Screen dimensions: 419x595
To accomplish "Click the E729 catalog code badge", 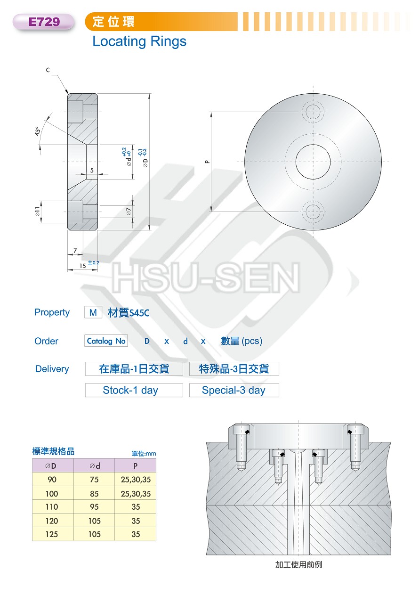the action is pyautogui.click(x=43, y=22).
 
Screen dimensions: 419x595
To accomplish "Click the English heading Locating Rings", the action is pyautogui.click(x=139, y=42).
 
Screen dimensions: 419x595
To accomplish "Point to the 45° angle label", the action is pyautogui.click(x=38, y=131).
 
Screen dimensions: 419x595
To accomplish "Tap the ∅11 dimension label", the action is pyautogui.click(x=38, y=212).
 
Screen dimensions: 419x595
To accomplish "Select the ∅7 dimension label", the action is pyautogui.click(x=129, y=211).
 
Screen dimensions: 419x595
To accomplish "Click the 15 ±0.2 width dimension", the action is pyautogui.click(x=89, y=265).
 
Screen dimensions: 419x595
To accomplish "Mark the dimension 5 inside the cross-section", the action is pyautogui.click(x=92, y=170).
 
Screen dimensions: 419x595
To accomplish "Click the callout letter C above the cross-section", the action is pyautogui.click(x=48, y=70).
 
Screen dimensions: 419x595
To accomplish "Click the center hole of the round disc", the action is pyautogui.click(x=313, y=162).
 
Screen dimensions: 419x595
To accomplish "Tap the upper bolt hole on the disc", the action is pyautogui.click(x=313, y=112).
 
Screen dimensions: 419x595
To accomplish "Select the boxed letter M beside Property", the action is pyautogui.click(x=93, y=312).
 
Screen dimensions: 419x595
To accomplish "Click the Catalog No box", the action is pyautogui.click(x=106, y=341).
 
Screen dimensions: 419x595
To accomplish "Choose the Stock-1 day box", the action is pyautogui.click(x=134, y=390).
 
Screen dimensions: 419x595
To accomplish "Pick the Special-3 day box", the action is pyautogui.click(x=234, y=390).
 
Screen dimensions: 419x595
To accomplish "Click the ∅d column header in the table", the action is pyautogui.click(x=94, y=465).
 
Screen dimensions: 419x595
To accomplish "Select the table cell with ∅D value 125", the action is pyautogui.click(x=52, y=534).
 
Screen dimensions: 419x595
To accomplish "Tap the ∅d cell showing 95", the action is pyautogui.click(x=94, y=507).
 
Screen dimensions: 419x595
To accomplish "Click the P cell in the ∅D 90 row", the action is pyautogui.click(x=136, y=480).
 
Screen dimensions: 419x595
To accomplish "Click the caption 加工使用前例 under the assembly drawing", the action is pyautogui.click(x=298, y=564).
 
